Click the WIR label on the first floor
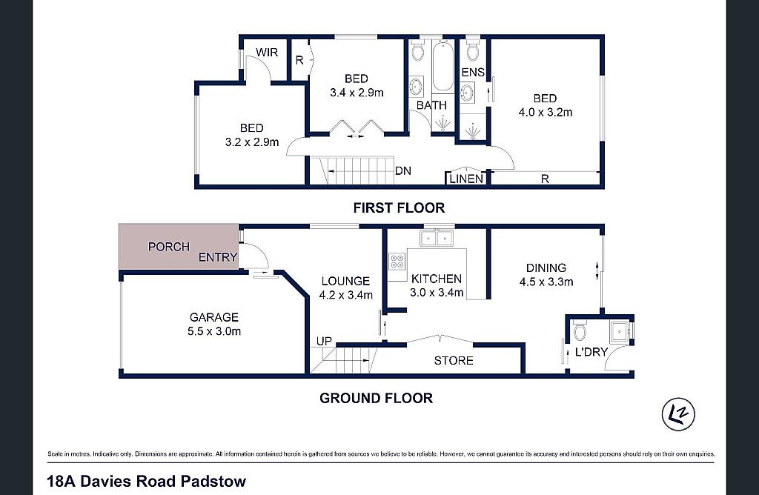(x=267, y=53)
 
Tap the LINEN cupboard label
(x=466, y=179)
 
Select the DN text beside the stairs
(x=403, y=171)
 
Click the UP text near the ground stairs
(x=324, y=341)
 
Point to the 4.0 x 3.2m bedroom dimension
(x=546, y=112)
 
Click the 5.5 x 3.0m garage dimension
(x=214, y=331)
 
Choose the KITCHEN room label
(x=436, y=279)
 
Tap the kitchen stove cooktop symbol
(x=397, y=262)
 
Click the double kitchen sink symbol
(x=436, y=238)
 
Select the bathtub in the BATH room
(x=443, y=65)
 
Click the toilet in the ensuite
(x=472, y=50)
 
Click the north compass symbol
(x=678, y=413)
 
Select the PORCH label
(x=168, y=247)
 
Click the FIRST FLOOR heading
(x=399, y=208)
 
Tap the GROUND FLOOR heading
(x=376, y=398)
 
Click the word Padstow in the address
(x=213, y=482)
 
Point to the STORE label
(x=454, y=360)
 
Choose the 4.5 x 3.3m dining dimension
(x=546, y=282)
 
